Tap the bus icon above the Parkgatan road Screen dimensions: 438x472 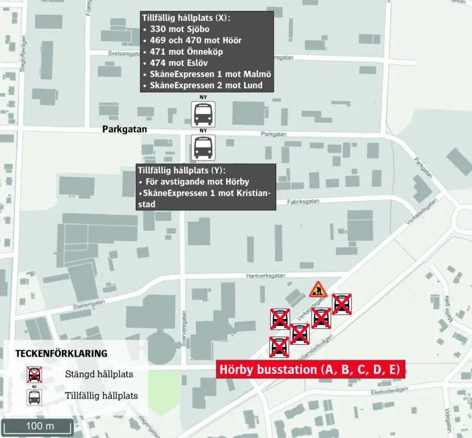click(203, 113)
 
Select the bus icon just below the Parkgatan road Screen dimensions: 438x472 click(203, 147)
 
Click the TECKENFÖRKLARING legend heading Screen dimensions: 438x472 click(61, 354)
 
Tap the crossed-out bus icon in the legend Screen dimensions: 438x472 click(35, 374)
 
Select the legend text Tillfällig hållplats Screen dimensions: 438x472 click(101, 396)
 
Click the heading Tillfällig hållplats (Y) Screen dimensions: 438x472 click(181, 170)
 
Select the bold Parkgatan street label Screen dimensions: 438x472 click(124, 129)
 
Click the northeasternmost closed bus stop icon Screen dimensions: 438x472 click(342, 304)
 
